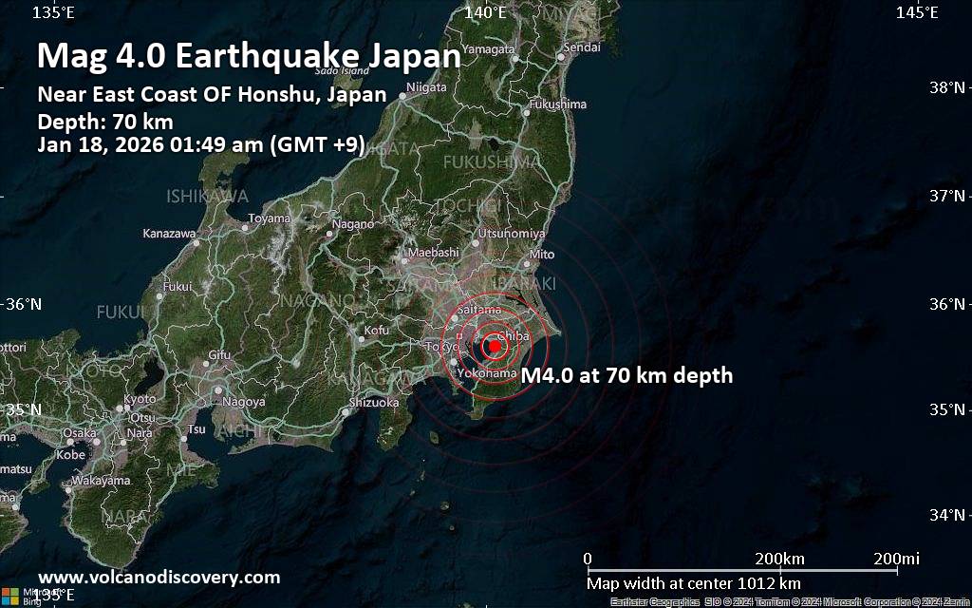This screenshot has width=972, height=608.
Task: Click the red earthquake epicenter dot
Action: [495, 346]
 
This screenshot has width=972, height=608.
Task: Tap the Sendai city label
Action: [582, 47]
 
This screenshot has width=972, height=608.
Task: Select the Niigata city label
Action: [426, 87]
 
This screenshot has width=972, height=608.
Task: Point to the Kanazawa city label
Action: [169, 233]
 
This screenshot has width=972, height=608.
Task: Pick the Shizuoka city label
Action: [374, 403]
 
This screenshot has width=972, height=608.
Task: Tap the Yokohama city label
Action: [488, 373]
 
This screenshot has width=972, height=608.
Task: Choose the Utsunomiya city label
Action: [512, 233]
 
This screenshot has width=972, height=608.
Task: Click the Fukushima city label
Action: [557, 104]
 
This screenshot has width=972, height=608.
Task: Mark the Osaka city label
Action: [80, 432]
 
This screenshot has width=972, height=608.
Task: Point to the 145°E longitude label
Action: [918, 12]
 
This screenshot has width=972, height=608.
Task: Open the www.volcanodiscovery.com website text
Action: [159, 577]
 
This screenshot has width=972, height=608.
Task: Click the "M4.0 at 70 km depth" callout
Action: [626, 375]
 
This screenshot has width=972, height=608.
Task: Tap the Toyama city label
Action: [269, 218]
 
